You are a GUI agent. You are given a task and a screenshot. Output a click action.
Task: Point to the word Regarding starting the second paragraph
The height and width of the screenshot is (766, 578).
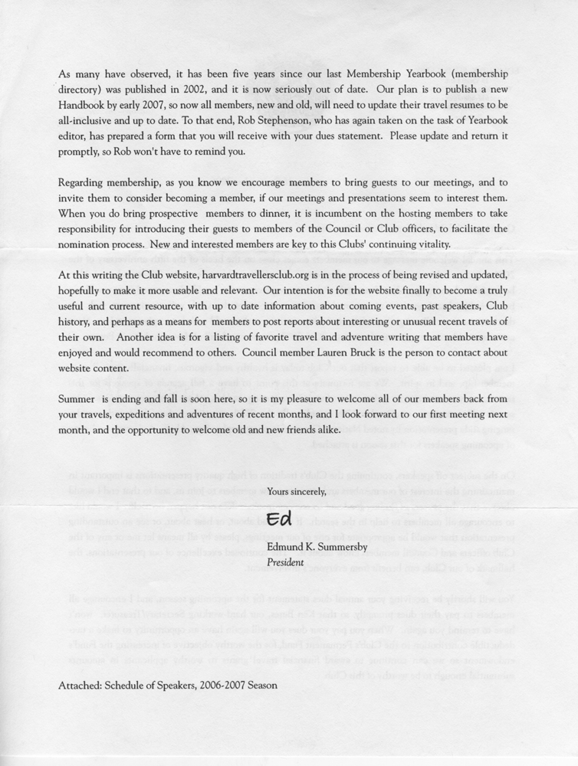click(83, 182)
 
